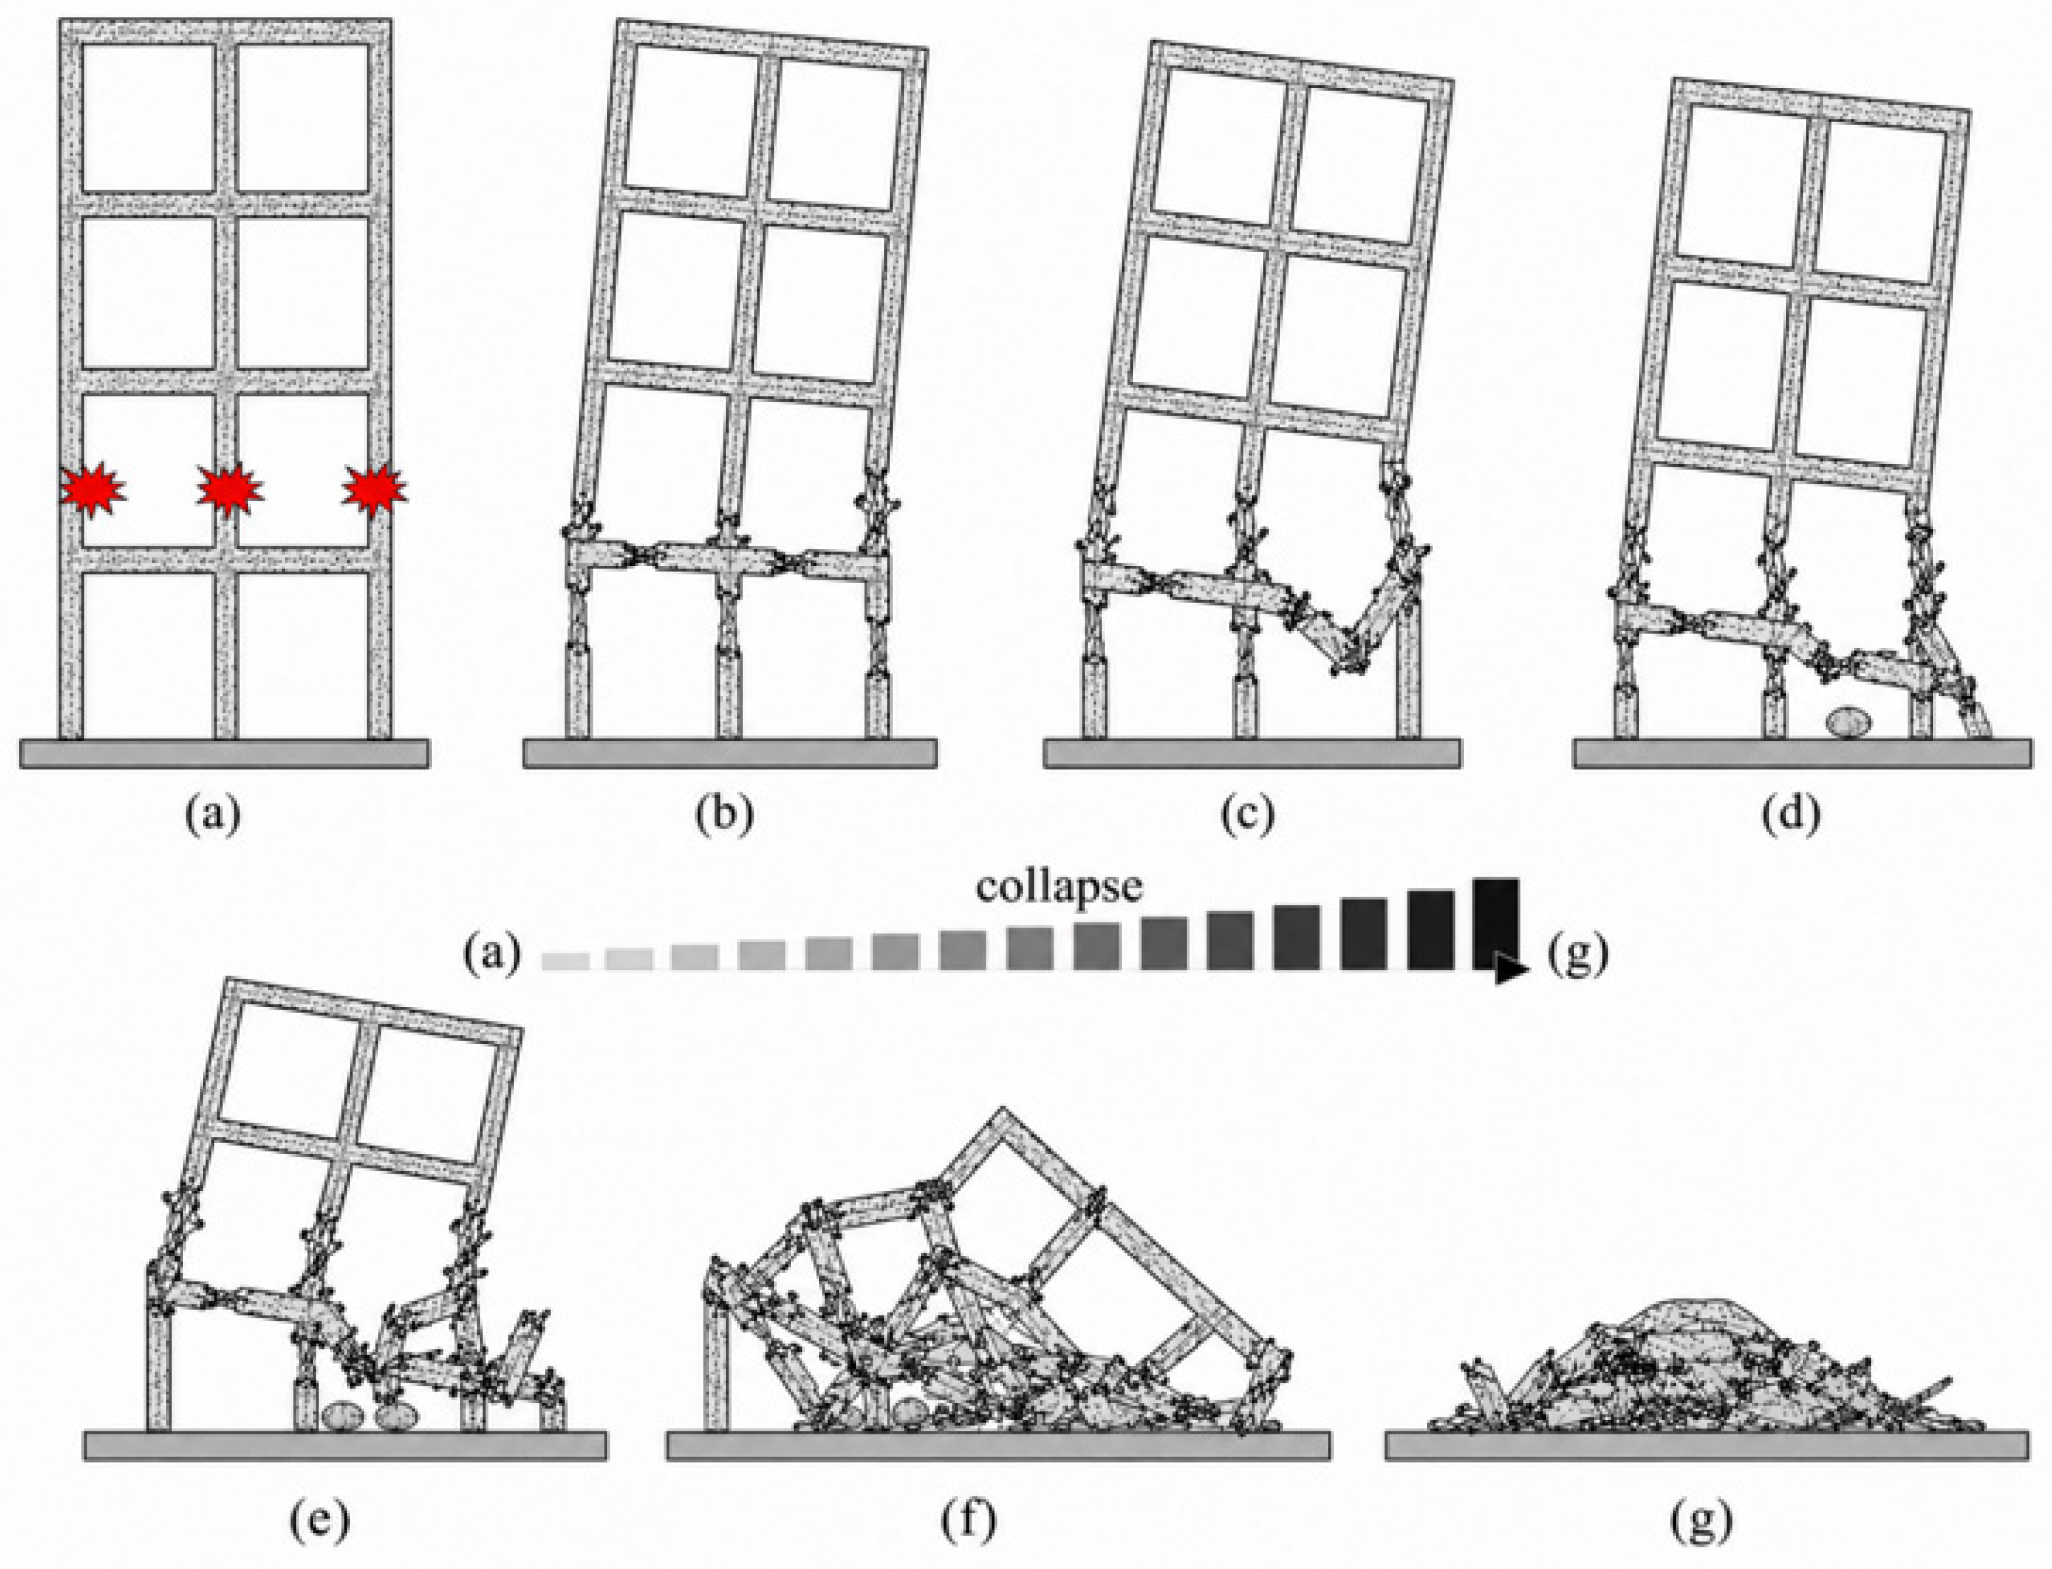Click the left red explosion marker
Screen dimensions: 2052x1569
tap(93, 488)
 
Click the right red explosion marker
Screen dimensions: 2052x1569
tap(374, 488)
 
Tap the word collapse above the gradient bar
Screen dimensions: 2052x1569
tap(1059, 886)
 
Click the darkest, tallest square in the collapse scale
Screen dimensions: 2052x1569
tap(1495, 923)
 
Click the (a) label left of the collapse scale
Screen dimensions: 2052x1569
tap(492, 955)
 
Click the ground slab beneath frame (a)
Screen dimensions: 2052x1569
tap(224, 753)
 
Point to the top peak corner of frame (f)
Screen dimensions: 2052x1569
tap(1004, 1109)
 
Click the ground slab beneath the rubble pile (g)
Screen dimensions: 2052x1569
tap(1707, 1445)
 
